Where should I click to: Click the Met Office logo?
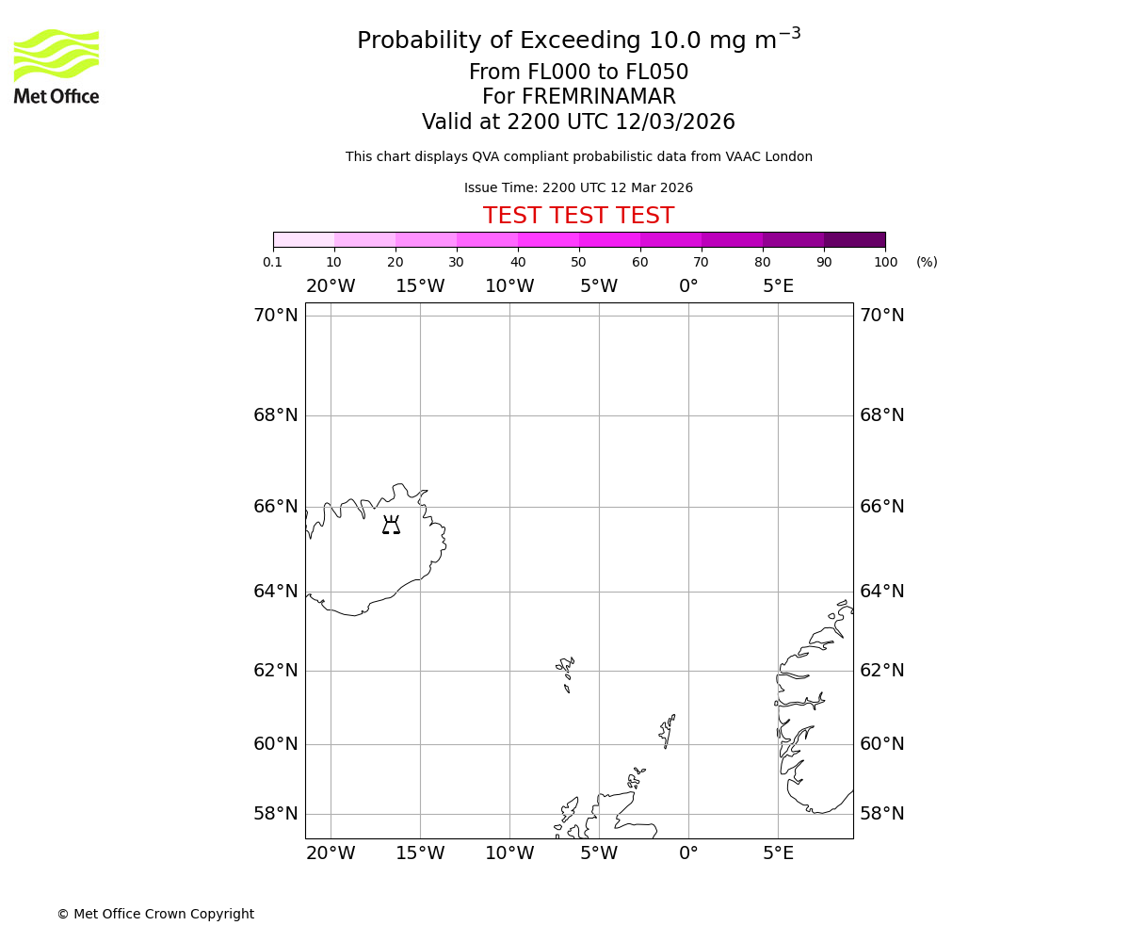(56, 66)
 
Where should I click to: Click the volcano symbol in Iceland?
(391, 526)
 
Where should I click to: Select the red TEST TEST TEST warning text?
(578, 217)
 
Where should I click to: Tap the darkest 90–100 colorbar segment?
(854, 239)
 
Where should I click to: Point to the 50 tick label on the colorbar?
(578, 262)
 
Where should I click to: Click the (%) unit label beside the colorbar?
(927, 262)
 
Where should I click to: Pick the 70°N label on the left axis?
(275, 316)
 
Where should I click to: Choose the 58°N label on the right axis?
(881, 814)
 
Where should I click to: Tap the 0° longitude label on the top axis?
(688, 286)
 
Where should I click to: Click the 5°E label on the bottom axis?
(778, 853)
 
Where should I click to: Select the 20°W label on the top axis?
(331, 286)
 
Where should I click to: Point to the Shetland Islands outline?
(667, 730)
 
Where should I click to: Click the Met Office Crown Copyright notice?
(155, 914)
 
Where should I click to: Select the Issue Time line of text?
(578, 188)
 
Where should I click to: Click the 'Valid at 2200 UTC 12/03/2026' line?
(578, 122)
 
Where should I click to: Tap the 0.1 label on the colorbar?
(273, 262)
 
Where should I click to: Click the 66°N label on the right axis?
(881, 507)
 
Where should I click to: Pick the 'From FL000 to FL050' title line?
(578, 73)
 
